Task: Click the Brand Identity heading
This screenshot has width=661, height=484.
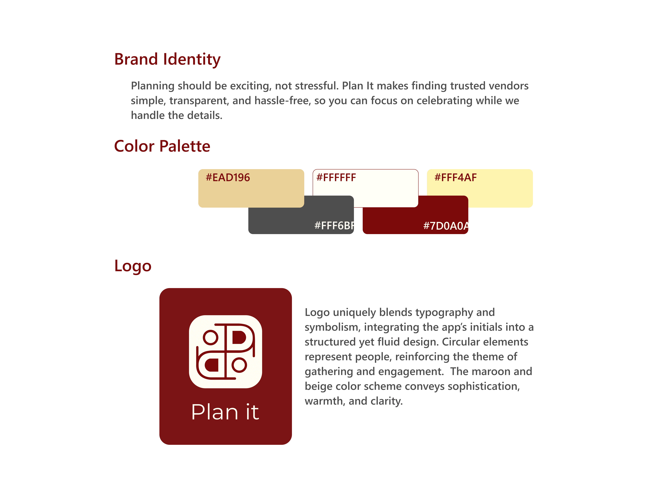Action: [167, 59]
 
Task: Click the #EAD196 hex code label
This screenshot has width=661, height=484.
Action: [228, 178]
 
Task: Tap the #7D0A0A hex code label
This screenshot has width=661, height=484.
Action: [445, 226]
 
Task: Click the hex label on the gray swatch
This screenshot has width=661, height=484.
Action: [334, 226]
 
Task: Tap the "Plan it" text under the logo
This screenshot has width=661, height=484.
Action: [225, 412]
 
